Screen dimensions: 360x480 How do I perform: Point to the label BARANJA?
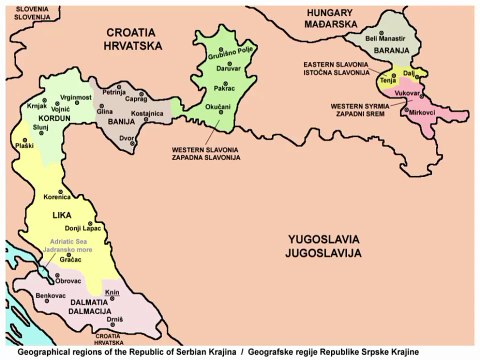click(x=375, y=47)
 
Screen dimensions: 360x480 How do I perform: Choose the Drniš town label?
click(x=115, y=318)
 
